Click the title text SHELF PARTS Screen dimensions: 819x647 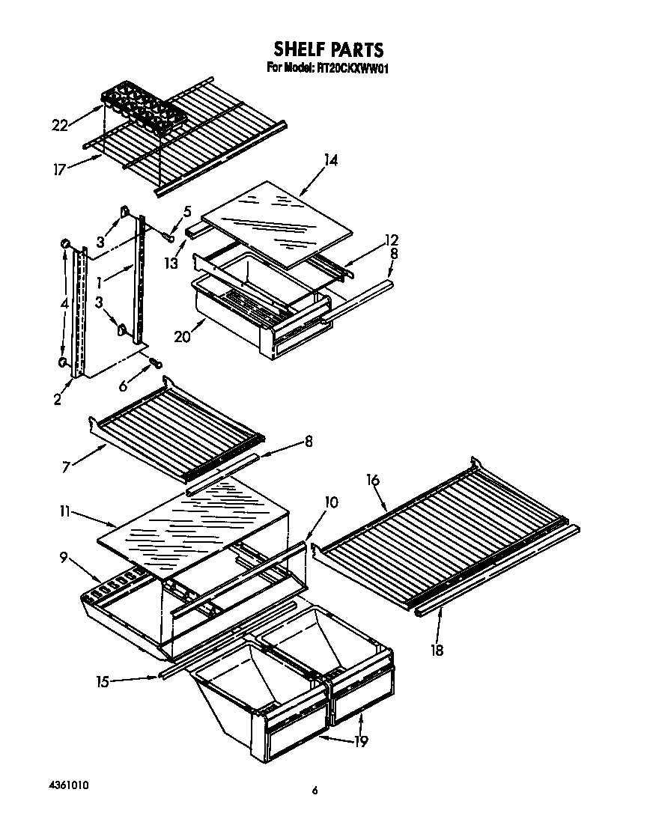[x=328, y=49]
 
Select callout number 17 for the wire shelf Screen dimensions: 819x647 [x=61, y=168]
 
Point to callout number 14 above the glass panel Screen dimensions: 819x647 [x=329, y=161]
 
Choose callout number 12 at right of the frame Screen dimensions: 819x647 [x=391, y=240]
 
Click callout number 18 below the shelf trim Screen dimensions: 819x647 [x=437, y=650]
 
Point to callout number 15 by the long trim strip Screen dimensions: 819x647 [x=103, y=681]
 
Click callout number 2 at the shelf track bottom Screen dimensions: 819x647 [x=58, y=399]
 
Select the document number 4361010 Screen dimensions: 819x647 [x=63, y=786]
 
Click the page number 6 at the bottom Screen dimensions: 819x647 [x=316, y=790]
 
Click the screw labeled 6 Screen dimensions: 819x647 [x=156, y=362]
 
